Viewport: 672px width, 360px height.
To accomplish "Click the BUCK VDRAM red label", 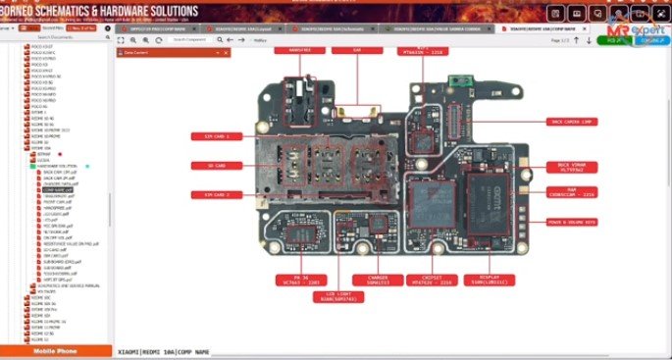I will click(x=569, y=165).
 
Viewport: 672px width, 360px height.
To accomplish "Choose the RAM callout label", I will click(x=569, y=192).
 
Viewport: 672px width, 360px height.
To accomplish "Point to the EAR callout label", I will click(x=358, y=47).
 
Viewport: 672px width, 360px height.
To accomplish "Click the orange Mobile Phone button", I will click(x=56, y=350).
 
